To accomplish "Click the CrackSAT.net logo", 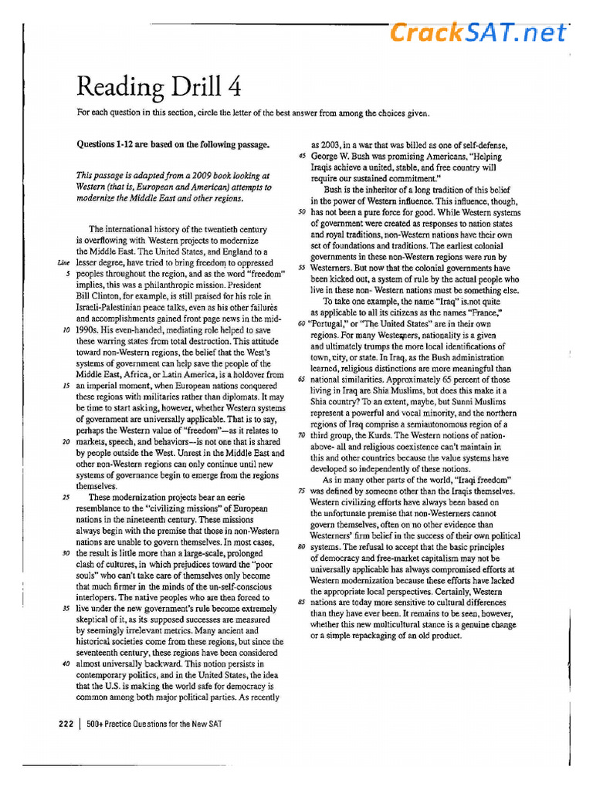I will tap(478, 32).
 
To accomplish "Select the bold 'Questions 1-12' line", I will tap(173, 144).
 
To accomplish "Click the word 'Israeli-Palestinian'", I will tap(115, 306).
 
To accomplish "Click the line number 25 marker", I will tap(67, 498).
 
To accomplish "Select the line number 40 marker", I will tap(67, 663).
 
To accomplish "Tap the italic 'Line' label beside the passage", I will tap(65, 262).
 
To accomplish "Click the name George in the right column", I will tap(327, 156).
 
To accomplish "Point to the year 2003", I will tap(327, 144).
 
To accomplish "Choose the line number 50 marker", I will tap(302, 211).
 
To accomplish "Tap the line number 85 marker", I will tap(302, 602).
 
